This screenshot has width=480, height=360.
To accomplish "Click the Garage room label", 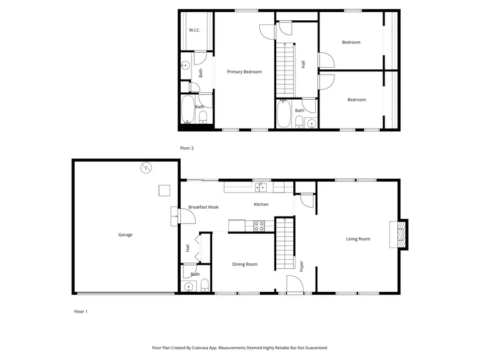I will pyautogui.click(x=125, y=235).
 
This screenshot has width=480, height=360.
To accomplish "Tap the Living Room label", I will pyautogui.click(x=358, y=239).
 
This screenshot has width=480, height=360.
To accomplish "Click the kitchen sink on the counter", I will pyautogui.click(x=261, y=187).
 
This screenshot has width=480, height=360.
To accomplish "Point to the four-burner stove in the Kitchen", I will pyautogui.click(x=258, y=226).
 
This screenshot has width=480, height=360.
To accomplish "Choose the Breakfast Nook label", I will pyautogui.click(x=203, y=207).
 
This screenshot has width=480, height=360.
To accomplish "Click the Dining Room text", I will pyautogui.click(x=245, y=264).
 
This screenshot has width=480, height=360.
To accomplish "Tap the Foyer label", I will pyautogui.click(x=302, y=265).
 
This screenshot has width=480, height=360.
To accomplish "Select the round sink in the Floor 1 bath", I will pyautogui.click(x=188, y=287).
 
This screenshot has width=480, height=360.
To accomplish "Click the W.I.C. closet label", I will pyautogui.click(x=195, y=30).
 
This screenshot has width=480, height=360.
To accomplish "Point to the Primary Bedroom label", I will pyautogui.click(x=244, y=71).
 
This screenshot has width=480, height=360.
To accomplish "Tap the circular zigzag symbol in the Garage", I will pyautogui.click(x=146, y=168).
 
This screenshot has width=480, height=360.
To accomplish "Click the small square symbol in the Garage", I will pyautogui.click(x=164, y=190).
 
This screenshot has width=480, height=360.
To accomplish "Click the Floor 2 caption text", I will pyautogui.click(x=186, y=148).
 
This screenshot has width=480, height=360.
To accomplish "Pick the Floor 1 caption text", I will pyautogui.click(x=81, y=311).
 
